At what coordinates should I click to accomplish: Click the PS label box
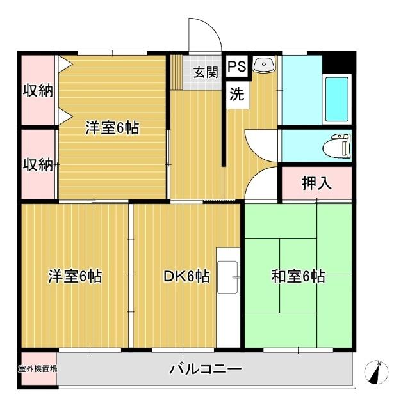pos(236,66)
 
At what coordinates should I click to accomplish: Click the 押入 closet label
pos(316,183)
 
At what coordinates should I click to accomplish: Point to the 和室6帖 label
pos(298,276)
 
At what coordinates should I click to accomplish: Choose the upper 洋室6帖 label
pos(113,127)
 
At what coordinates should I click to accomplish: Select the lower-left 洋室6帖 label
pos(75,276)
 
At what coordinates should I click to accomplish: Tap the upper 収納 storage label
pos(38,90)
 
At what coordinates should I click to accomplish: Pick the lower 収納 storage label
pos(38,164)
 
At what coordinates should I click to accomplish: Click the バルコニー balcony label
pos(206,369)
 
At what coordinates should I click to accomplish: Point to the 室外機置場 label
pos(37,369)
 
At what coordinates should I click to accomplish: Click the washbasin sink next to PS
pos(263,65)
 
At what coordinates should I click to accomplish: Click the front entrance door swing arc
pos(204,35)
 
